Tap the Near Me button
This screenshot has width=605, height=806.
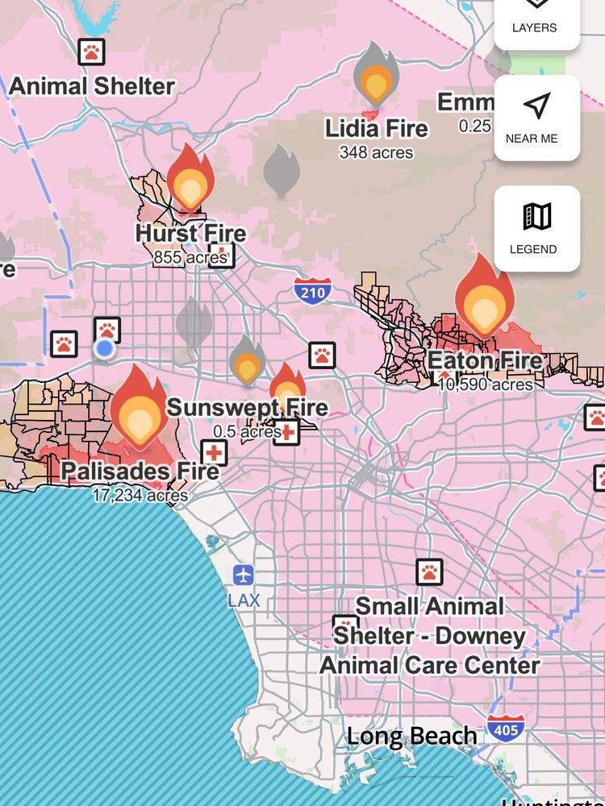(x=536, y=118)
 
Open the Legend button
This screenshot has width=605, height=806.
(x=536, y=228)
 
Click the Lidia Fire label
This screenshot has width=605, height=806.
(x=377, y=129)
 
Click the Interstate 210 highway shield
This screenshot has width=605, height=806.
(x=311, y=289)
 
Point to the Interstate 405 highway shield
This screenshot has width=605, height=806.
(x=505, y=729)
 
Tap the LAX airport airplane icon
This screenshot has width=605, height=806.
(x=244, y=575)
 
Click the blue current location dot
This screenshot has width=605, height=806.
(x=104, y=348)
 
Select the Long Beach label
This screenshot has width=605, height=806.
(x=411, y=736)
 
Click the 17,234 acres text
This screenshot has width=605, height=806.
(x=140, y=495)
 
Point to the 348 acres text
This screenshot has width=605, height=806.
(x=376, y=152)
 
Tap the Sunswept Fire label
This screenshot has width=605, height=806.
(x=247, y=407)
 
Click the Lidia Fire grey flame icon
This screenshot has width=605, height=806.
(x=376, y=75)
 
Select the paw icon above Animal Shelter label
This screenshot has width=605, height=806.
(x=92, y=52)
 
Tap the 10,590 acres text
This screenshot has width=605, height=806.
(x=485, y=384)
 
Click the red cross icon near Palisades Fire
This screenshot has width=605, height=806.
(x=214, y=452)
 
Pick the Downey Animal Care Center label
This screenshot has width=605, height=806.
(x=430, y=636)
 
